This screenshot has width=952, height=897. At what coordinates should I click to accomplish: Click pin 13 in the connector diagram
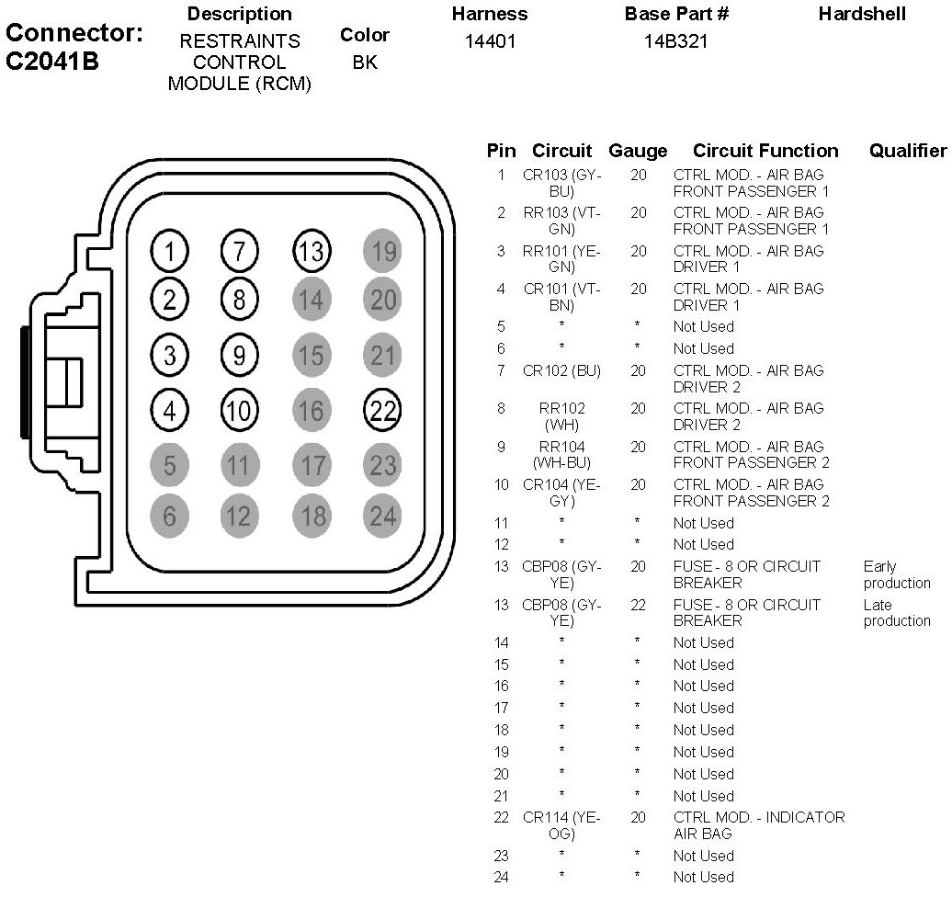click(x=312, y=251)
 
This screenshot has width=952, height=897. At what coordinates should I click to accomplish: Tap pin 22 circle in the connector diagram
click(x=382, y=411)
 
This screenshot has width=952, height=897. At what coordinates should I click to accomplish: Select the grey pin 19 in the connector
click(x=382, y=251)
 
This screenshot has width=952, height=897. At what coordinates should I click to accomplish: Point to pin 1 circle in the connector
click(x=170, y=251)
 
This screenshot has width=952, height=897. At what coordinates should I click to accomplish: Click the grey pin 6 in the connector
click(x=170, y=517)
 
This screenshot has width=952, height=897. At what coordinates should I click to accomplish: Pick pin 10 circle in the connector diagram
click(x=239, y=411)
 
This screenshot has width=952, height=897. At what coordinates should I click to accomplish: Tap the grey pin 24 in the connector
click(x=382, y=517)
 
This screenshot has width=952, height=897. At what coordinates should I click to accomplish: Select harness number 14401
click(x=490, y=41)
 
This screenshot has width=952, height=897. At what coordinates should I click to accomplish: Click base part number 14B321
click(x=677, y=41)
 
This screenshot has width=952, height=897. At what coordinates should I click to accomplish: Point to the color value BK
click(x=364, y=62)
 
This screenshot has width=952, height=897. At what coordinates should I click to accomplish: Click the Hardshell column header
click(x=862, y=14)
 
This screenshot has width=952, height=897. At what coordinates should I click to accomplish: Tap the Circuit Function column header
click(x=765, y=151)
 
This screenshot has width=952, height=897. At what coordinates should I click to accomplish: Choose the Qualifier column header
click(x=907, y=151)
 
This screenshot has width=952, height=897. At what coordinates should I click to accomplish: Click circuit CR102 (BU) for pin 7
click(x=561, y=370)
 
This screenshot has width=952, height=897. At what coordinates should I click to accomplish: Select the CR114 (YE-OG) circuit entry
click(x=561, y=825)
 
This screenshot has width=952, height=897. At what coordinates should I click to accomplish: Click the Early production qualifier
click(x=896, y=575)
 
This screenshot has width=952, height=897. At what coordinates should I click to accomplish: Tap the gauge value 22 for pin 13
click(x=638, y=605)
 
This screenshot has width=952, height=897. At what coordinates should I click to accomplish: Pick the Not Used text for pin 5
click(x=703, y=326)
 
